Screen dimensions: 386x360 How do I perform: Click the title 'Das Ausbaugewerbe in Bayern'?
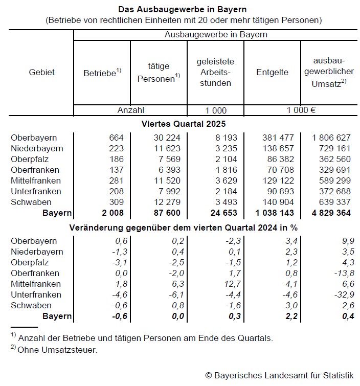(x=183, y=9)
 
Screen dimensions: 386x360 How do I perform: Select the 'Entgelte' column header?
(x=272, y=73)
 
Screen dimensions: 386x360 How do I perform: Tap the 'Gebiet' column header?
(x=41, y=73)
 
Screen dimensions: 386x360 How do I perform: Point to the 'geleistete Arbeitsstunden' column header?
(x=215, y=73)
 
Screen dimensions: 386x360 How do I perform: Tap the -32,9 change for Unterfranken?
(x=339, y=294)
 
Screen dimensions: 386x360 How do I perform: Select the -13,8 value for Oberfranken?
(x=339, y=273)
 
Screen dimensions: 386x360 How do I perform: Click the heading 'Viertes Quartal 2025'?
(x=183, y=124)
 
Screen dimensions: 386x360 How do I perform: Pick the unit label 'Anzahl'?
(x=131, y=110)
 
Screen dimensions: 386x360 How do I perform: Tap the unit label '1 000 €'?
(x=301, y=110)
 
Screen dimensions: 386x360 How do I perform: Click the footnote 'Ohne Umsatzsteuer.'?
(x=57, y=350)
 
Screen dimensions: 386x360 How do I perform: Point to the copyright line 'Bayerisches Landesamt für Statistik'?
(x=279, y=375)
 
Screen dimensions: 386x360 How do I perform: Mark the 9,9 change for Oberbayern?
(x=343, y=241)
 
